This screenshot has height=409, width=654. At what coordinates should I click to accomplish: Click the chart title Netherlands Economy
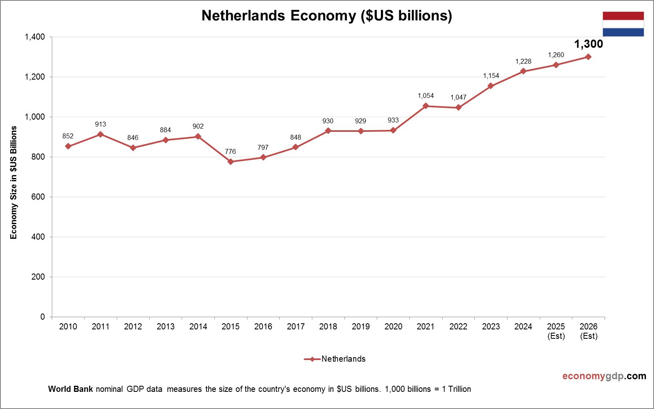(x=327, y=16)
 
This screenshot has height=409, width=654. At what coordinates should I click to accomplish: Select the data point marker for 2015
(x=231, y=162)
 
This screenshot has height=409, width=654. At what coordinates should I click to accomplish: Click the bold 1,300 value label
(x=588, y=44)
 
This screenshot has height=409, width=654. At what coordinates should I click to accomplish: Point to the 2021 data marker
(x=426, y=106)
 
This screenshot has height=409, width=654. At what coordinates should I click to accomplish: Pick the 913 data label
(x=100, y=124)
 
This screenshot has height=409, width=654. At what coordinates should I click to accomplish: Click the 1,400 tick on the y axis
(x=35, y=37)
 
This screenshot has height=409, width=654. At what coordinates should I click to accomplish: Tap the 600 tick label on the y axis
(x=38, y=197)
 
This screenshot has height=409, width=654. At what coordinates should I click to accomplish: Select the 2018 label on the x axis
(x=328, y=327)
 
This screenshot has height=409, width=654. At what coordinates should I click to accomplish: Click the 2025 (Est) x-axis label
(x=556, y=331)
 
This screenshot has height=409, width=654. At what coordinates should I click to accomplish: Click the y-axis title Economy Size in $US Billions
(x=14, y=182)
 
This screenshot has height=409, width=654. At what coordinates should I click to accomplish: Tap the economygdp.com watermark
(x=604, y=376)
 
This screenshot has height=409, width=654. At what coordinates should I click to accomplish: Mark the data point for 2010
(x=68, y=146)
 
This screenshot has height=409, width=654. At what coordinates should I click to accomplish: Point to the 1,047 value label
(x=458, y=98)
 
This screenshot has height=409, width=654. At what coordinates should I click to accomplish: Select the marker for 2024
(x=523, y=71)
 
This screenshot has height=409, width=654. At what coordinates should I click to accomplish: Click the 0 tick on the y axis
(x=42, y=317)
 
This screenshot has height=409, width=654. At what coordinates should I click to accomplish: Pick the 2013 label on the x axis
(x=166, y=327)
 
